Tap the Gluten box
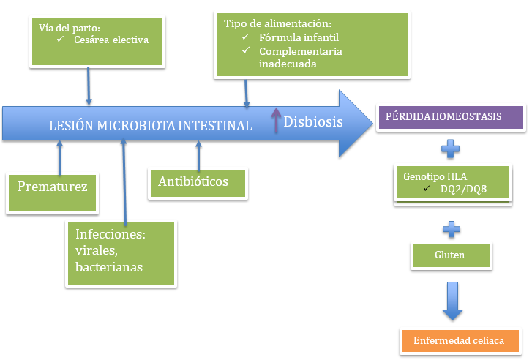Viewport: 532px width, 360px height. [x=450, y=255]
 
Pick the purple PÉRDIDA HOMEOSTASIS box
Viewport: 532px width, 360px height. [x=450, y=118]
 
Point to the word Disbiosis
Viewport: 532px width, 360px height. [x=313, y=122]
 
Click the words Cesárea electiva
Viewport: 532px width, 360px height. [x=111, y=40]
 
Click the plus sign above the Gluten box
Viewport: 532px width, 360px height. [x=451, y=229]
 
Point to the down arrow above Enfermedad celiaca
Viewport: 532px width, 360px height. [x=452, y=301]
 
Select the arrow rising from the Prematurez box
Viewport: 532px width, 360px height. [x=60, y=156]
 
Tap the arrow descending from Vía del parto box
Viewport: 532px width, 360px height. [x=89, y=85]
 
